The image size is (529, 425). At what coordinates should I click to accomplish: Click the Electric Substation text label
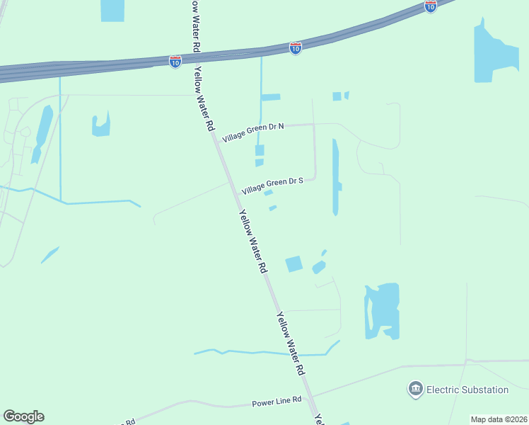pyautogui.click(x=467, y=390)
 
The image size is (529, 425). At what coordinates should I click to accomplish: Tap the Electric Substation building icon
pyautogui.click(x=415, y=389)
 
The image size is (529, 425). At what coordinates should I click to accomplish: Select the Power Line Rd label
pyautogui.click(x=277, y=402)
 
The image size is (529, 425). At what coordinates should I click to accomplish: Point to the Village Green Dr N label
pyautogui.click(x=253, y=132)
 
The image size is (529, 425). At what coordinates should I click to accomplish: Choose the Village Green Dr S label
pyautogui.click(x=272, y=186)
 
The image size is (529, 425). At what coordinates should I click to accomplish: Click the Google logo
pyautogui.click(x=23, y=416)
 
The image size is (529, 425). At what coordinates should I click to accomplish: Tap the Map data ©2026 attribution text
pyautogui.click(x=499, y=419)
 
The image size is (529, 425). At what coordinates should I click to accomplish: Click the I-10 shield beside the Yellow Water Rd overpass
pyautogui.click(x=175, y=62)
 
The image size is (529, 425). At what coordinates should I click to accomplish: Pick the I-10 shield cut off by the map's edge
pyautogui.click(x=431, y=6)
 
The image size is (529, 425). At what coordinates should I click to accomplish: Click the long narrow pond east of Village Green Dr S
pyautogui.click(x=335, y=177)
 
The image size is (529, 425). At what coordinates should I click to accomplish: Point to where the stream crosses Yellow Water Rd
pyautogui.click(x=289, y=352)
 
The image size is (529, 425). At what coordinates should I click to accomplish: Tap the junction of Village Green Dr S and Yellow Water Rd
pyautogui.click(x=231, y=183)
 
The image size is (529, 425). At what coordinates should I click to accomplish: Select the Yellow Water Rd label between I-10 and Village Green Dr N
pyautogui.click(x=204, y=99)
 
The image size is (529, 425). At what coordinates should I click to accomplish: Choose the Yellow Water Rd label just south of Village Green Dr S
pyautogui.click(x=252, y=242)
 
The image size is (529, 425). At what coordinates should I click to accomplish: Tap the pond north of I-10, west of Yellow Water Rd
pyautogui.click(x=112, y=10)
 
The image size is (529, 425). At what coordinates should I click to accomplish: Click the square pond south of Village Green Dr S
pyautogui.click(x=293, y=264)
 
